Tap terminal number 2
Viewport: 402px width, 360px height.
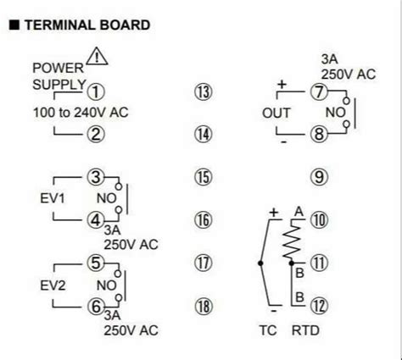(x=96, y=133)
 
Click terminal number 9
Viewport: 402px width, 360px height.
(x=319, y=177)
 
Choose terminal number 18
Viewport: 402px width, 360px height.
(x=202, y=305)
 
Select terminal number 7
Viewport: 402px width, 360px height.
(x=319, y=92)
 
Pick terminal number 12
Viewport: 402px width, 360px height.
(x=319, y=305)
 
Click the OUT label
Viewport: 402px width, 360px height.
(x=276, y=113)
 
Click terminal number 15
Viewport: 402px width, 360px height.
(x=202, y=177)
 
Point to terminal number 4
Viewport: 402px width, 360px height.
(x=96, y=220)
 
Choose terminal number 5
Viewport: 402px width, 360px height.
(x=96, y=263)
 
